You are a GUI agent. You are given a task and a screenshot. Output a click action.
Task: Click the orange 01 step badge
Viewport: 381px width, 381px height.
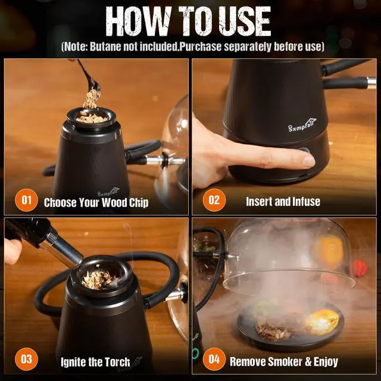[x=26, y=199]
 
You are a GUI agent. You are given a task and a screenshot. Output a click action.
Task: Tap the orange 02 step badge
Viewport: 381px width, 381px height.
[x=214, y=199]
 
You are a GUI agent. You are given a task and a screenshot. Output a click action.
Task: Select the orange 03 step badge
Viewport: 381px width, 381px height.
[x=26, y=359]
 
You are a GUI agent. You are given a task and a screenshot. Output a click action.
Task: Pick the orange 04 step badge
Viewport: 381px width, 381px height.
[x=214, y=359]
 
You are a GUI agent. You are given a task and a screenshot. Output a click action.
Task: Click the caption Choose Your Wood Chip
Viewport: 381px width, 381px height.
[x=96, y=202]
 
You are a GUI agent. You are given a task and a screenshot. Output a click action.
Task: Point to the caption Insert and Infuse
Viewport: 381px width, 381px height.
[x=283, y=202]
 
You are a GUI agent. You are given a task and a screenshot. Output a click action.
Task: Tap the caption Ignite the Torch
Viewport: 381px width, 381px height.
[x=95, y=361]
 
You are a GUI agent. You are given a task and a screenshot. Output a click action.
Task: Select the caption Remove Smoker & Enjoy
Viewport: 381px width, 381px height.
[x=284, y=361]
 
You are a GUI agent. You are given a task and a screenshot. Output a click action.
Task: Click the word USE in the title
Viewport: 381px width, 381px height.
[x=242, y=21]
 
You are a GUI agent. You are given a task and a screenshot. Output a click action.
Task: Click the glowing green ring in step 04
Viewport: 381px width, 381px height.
[x=195, y=354]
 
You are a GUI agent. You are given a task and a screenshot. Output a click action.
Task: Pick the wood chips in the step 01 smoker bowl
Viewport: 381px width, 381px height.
[x=92, y=117]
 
